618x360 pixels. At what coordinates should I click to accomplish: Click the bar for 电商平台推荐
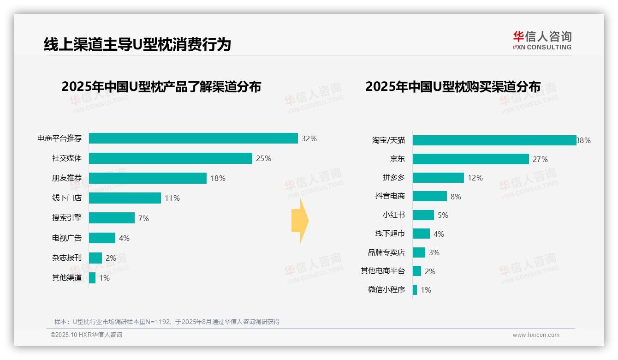pyautogui.click(x=193, y=138)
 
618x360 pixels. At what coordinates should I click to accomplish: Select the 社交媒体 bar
pyautogui.click(x=170, y=158)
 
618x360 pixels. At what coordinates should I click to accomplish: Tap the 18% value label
pyautogui.click(x=218, y=178)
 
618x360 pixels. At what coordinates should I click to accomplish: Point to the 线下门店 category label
pyautogui.click(x=66, y=198)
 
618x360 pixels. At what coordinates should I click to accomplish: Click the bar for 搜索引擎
pyautogui.click(x=112, y=218)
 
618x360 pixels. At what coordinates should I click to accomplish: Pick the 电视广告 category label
pyautogui.click(x=66, y=238)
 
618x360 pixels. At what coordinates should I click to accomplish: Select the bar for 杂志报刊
pyautogui.click(x=95, y=258)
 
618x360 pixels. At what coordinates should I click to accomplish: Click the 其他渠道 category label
pyautogui.click(x=66, y=278)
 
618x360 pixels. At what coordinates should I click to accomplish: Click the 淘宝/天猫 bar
pyautogui.click(x=494, y=140)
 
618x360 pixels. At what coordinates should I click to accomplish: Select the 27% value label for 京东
pyautogui.click(x=540, y=159)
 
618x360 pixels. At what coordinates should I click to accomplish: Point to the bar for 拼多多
pyautogui.click(x=438, y=178)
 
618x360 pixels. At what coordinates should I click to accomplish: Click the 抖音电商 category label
pyautogui.click(x=390, y=196)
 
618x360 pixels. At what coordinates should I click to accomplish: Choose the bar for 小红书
pyautogui.click(x=423, y=215)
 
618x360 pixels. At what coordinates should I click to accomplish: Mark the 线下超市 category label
pyautogui.click(x=390, y=234)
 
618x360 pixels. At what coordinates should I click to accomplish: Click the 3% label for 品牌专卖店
pyautogui.click(x=434, y=252)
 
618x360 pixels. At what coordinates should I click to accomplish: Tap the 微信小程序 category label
pyautogui.click(x=386, y=290)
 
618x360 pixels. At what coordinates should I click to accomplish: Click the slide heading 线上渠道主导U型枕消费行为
pyautogui.click(x=137, y=44)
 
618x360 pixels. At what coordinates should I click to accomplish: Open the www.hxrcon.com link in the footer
pyautogui.click(x=536, y=335)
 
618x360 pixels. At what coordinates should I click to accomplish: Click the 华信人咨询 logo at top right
pyautogui.click(x=542, y=40)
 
